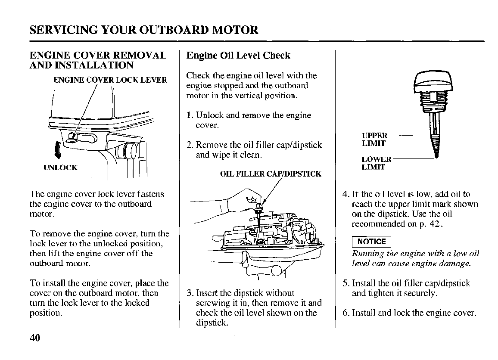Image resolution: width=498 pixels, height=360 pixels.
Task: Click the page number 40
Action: [x=34, y=338]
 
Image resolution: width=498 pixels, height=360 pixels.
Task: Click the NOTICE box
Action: [x=371, y=242]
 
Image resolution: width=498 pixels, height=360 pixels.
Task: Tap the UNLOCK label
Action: [x=60, y=168]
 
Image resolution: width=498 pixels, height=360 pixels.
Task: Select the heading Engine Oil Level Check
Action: [x=238, y=56]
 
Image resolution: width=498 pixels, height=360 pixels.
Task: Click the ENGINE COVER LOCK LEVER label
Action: [x=110, y=80]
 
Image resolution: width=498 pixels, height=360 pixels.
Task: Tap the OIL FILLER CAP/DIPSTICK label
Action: [x=271, y=174]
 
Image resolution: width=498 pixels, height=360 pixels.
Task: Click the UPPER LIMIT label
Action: [x=374, y=140]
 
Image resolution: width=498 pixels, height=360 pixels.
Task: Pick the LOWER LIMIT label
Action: [x=376, y=163]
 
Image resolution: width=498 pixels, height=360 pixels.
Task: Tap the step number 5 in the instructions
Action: [x=345, y=283]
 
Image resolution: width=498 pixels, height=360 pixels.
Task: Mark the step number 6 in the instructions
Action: [x=345, y=313]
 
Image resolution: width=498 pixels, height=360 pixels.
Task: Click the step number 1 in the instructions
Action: [x=189, y=115]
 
